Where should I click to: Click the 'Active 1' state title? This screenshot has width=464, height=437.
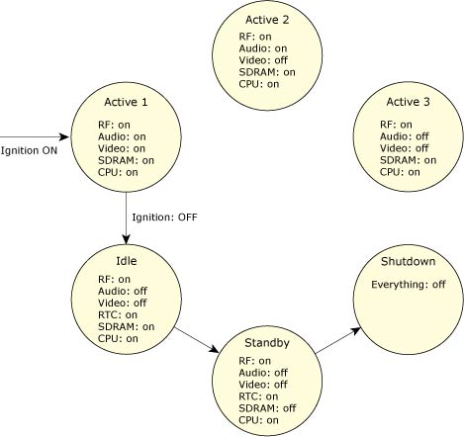(x=127, y=103)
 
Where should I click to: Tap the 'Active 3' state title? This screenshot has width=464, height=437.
(x=409, y=103)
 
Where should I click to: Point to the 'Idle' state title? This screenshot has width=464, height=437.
(x=126, y=261)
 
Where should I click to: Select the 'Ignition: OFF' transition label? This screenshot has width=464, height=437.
(x=164, y=216)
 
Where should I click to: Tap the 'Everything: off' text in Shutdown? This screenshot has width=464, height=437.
(x=407, y=285)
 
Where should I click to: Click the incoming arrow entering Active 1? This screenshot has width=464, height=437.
(x=36, y=137)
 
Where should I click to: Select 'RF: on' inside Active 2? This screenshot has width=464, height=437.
(x=253, y=36)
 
